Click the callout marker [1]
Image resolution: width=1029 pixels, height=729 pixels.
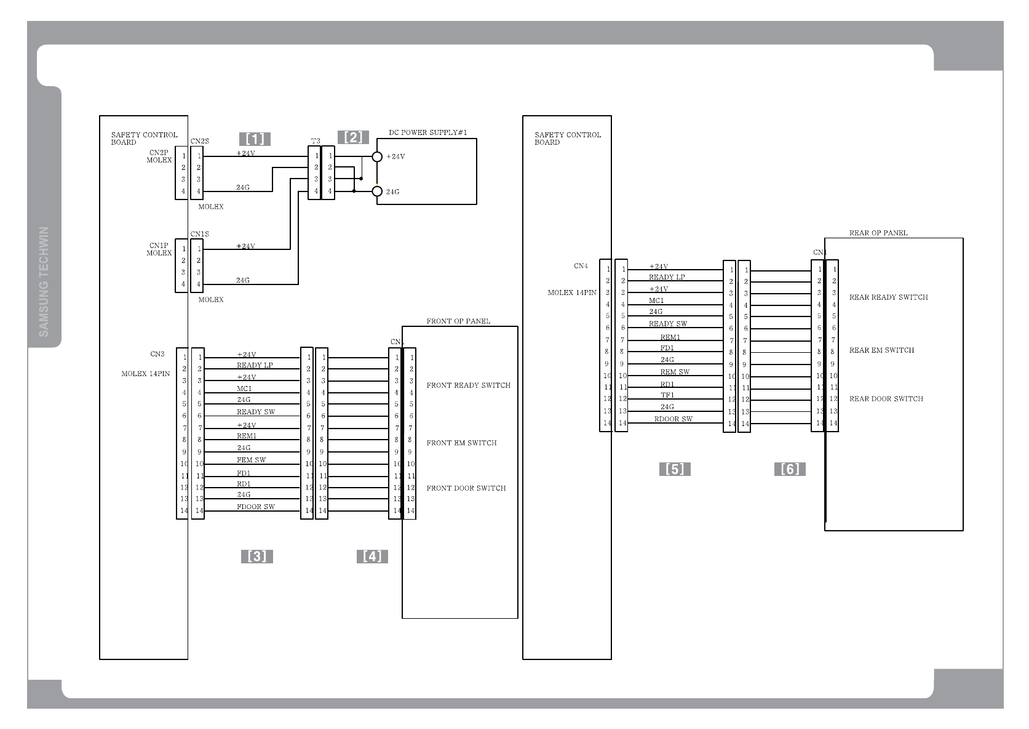[x=255, y=139]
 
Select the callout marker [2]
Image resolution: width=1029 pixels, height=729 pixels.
[x=353, y=137]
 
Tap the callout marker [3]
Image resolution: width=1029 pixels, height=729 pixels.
[x=256, y=557]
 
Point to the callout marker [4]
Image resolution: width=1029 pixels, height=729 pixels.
[x=372, y=557]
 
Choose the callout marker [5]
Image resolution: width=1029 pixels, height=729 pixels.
[x=675, y=469]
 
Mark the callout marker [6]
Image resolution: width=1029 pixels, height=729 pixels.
[x=790, y=469]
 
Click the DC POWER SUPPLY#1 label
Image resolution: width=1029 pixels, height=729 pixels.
[x=428, y=132]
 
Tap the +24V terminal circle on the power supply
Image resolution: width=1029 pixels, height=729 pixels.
[x=378, y=156]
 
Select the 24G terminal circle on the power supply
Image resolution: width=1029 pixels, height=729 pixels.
[x=378, y=191]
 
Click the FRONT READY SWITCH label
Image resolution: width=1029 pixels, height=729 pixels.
[x=469, y=385]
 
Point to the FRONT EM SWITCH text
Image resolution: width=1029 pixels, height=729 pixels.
[x=462, y=443]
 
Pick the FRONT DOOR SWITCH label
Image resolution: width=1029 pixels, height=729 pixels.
[x=466, y=488]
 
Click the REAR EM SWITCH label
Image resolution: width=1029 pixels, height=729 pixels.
[x=881, y=350]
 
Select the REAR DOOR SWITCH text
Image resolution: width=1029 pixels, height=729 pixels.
[x=886, y=399]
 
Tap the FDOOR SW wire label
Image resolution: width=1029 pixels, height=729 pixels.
[x=256, y=507]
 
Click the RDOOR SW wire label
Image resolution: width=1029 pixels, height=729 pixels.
[x=673, y=419]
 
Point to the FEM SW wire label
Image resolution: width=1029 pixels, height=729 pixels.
[x=252, y=460]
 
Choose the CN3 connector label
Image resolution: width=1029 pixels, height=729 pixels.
[x=157, y=354]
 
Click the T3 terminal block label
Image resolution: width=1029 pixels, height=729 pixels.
[x=316, y=142]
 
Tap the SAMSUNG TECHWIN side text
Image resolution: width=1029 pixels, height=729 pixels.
[x=44, y=282]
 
